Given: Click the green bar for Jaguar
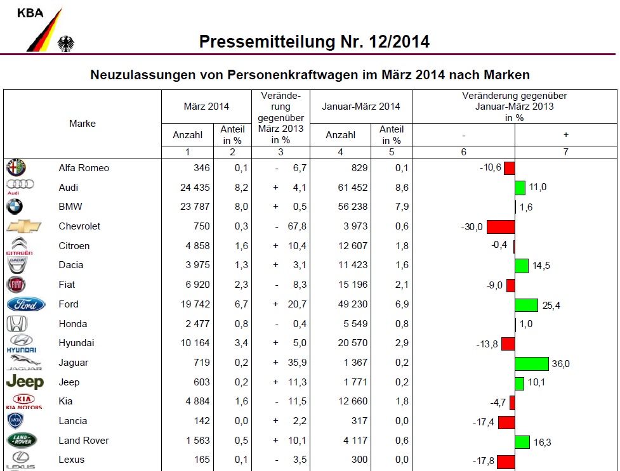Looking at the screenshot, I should click(x=532, y=363).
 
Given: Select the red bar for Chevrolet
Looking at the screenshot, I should click(x=500, y=227).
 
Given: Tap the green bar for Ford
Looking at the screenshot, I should click(x=527, y=305).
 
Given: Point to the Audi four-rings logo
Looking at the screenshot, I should click(x=20, y=184).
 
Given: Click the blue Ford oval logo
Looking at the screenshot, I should click(x=26, y=305).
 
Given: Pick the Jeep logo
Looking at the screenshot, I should click(x=25, y=382).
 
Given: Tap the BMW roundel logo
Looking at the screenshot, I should click(x=15, y=207).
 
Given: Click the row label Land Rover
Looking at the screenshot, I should click(x=84, y=441).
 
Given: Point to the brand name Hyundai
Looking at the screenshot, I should click(x=76, y=343).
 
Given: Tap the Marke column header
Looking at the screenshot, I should click(x=82, y=124).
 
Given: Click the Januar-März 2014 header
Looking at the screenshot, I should click(x=361, y=106).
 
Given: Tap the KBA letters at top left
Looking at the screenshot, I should click(x=30, y=13).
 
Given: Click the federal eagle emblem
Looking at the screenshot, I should click(x=66, y=44).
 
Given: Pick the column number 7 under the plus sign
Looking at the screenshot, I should click(x=565, y=152).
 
